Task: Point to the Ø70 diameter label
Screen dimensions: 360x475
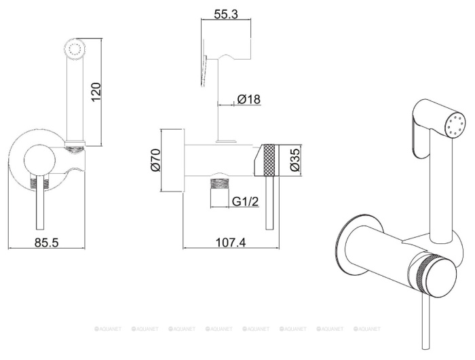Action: [x=155, y=160]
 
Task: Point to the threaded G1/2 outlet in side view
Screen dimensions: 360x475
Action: [x=218, y=185]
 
